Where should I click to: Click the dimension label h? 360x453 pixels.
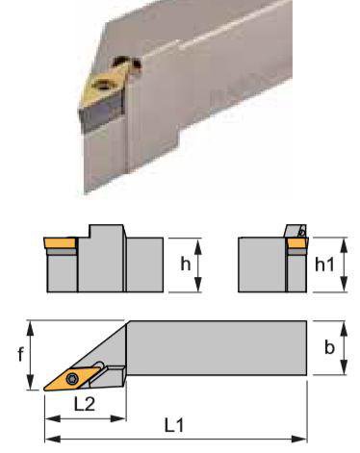point(186,264)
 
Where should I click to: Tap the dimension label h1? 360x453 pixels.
point(324,264)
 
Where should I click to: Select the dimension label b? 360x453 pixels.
point(329,347)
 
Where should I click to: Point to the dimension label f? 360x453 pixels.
point(20,354)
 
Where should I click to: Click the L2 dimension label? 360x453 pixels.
point(85,404)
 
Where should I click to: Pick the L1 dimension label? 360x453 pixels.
point(174,425)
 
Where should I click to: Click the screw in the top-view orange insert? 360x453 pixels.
point(72,379)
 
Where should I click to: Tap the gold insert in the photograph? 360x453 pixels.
point(104,85)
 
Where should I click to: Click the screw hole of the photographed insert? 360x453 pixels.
point(103,85)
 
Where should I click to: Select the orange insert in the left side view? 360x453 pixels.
point(61,242)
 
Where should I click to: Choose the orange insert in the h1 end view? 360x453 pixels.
point(297,242)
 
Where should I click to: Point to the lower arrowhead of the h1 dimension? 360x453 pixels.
point(344,285)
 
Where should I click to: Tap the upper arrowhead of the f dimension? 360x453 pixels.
point(30,329)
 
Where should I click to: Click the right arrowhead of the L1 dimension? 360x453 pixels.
point(299,439)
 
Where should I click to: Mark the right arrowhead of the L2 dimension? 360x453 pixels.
point(118,418)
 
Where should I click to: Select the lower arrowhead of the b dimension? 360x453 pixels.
point(344,367)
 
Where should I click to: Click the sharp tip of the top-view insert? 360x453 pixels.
point(44,390)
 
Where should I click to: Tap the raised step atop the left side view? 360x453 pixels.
point(106,232)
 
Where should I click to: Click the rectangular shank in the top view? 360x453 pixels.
point(217,348)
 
